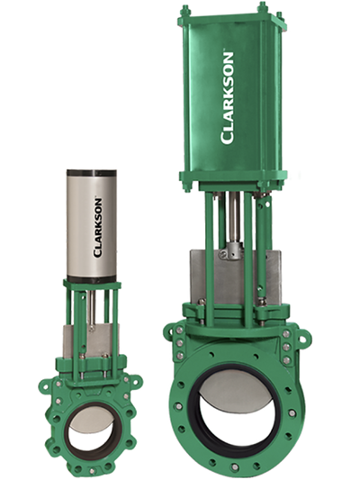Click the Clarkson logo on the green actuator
(227, 98)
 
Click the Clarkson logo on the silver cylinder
(97, 227)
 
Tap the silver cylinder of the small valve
(92, 224)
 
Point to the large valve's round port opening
(238, 415)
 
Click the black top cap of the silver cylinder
(92, 174)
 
